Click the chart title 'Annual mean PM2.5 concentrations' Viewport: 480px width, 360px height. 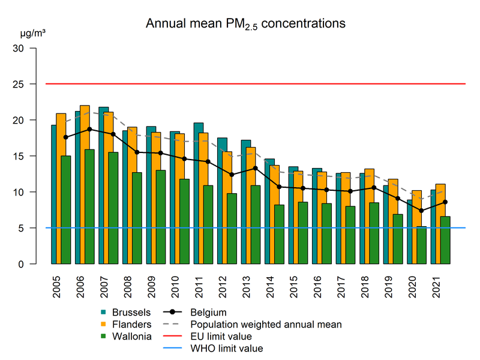click(x=245, y=25)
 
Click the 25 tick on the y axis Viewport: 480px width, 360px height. click(x=23, y=84)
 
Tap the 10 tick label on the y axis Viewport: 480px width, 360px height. click(x=23, y=192)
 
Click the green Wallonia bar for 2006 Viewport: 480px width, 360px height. click(x=89, y=207)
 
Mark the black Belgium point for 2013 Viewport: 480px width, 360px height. click(x=256, y=168)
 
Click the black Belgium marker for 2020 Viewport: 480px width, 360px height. click(x=422, y=211)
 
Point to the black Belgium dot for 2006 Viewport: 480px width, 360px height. click(x=89, y=129)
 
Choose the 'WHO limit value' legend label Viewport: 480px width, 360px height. click(x=226, y=348)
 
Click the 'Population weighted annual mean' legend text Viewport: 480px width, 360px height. click(x=266, y=324)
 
